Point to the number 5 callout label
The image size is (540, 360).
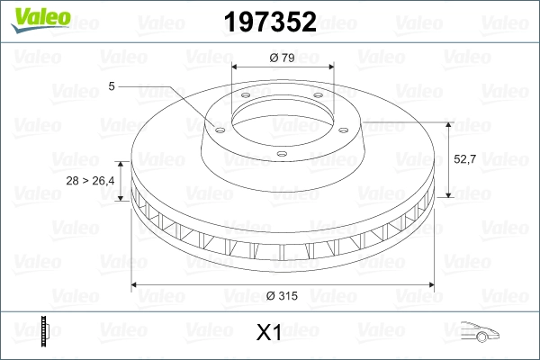(111, 86)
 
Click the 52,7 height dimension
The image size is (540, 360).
(463, 158)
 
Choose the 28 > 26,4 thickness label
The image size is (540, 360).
(92, 182)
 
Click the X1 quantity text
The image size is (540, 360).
(270, 334)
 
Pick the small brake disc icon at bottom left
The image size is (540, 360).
(45, 332)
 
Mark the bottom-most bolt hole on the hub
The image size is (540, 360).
(280, 154)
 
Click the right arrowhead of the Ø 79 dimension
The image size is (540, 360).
(329, 68)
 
